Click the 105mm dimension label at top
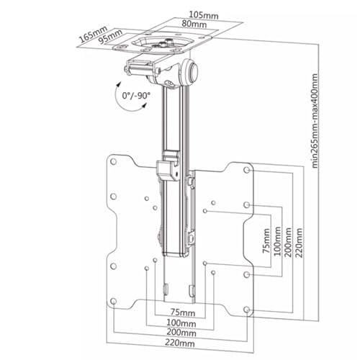204,15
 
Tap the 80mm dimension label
194,24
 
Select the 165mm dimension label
93,35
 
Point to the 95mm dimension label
111,37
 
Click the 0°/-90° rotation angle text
136,96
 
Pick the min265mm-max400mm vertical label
315,121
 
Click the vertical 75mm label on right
266,240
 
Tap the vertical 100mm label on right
277,241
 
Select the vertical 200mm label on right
288,243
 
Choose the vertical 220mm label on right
299,243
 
